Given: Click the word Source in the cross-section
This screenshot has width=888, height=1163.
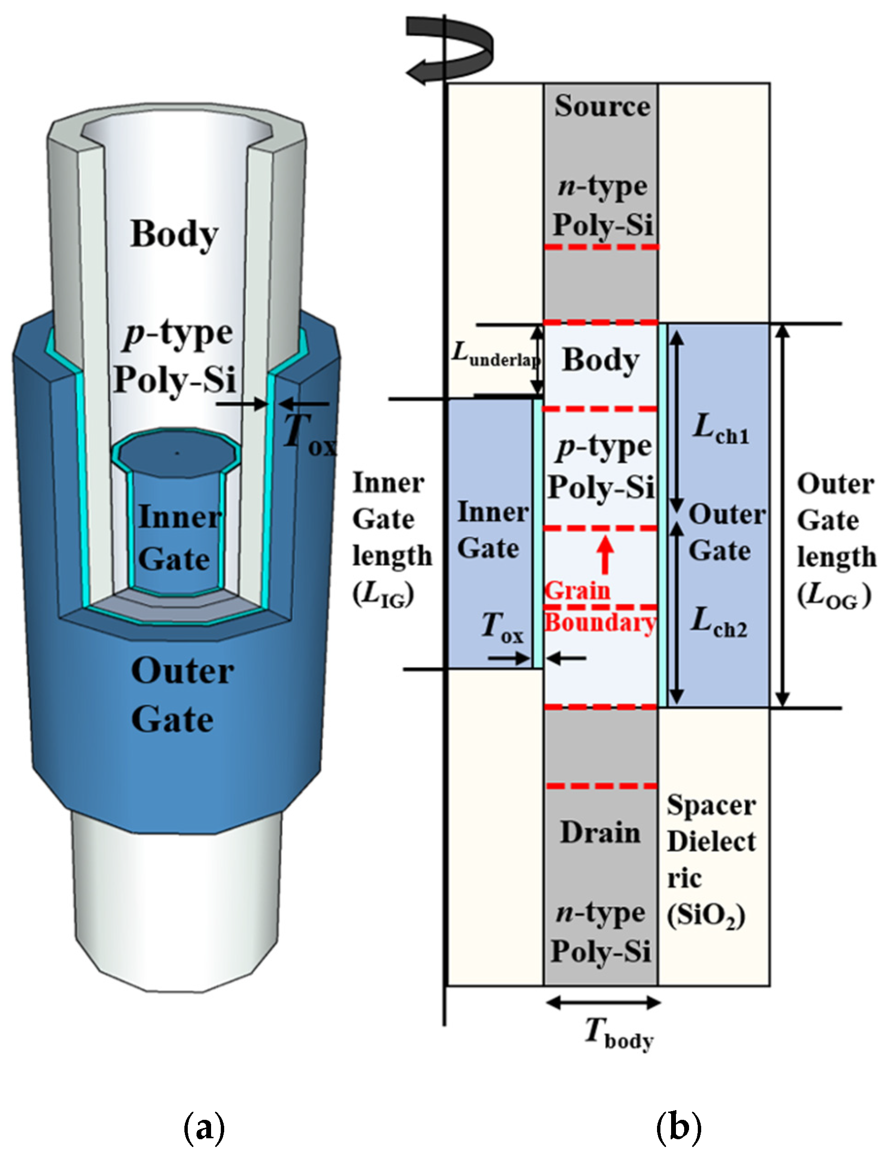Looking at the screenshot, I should (602, 106).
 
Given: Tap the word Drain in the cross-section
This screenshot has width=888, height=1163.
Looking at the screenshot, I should (600, 833).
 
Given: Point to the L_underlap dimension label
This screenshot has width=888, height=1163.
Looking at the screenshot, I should (496, 355).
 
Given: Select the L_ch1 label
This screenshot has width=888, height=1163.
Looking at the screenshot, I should (721, 429).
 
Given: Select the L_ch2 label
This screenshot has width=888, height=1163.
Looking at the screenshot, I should (719, 622).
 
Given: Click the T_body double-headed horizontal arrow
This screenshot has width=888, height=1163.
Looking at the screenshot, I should (603, 1002).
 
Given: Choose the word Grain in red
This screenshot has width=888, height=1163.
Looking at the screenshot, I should (577, 591).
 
